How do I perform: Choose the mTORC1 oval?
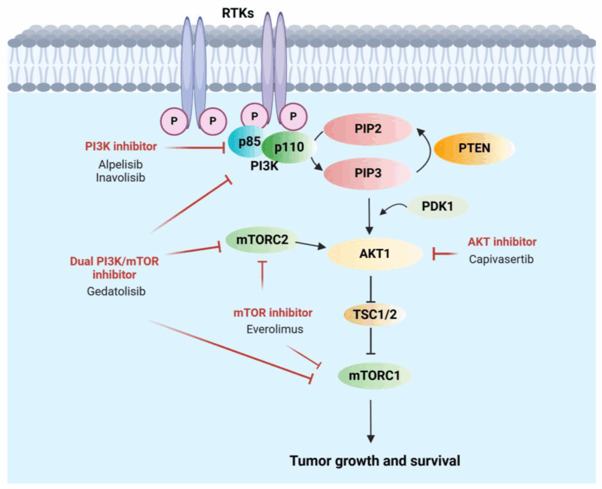click(374, 374)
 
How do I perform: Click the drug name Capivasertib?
click(501, 259)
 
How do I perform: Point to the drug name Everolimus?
click(275, 329)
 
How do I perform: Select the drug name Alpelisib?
click(120, 165)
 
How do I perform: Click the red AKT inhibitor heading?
click(502, 241)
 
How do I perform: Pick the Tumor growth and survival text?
click(375, 460)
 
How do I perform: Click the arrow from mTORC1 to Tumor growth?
click(371, 421)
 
